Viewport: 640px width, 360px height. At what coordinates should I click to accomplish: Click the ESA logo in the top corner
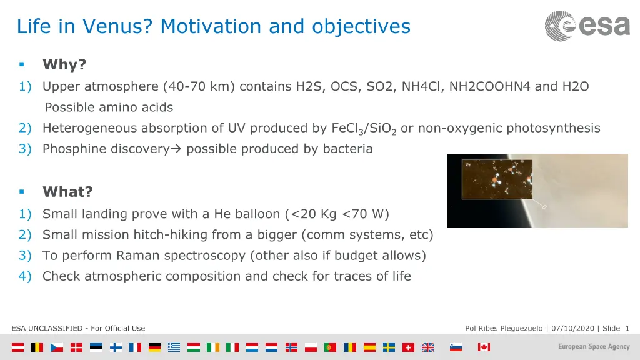pos(587,26)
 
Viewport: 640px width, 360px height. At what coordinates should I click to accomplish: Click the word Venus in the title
pos(117,26)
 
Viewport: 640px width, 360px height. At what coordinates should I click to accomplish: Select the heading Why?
pos(64,64)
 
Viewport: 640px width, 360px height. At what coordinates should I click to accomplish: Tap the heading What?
pos(67,192)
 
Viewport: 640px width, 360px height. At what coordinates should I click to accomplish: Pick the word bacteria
pos(347,149)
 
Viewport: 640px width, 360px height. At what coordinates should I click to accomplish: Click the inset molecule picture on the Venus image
pos(497,179)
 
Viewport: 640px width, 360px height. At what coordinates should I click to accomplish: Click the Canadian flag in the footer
pos(484,347)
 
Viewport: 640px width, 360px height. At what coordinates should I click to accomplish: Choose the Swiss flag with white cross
pos(408,347)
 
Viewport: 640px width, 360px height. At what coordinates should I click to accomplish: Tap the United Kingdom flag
pos(427,347)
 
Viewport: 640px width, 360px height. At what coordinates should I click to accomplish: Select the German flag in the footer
pos(155,347)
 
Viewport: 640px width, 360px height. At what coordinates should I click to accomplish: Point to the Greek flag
pos(174,347)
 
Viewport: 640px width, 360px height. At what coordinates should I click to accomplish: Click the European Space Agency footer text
pos(594,346)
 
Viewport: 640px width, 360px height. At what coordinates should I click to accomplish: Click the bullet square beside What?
pos(22,191)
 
